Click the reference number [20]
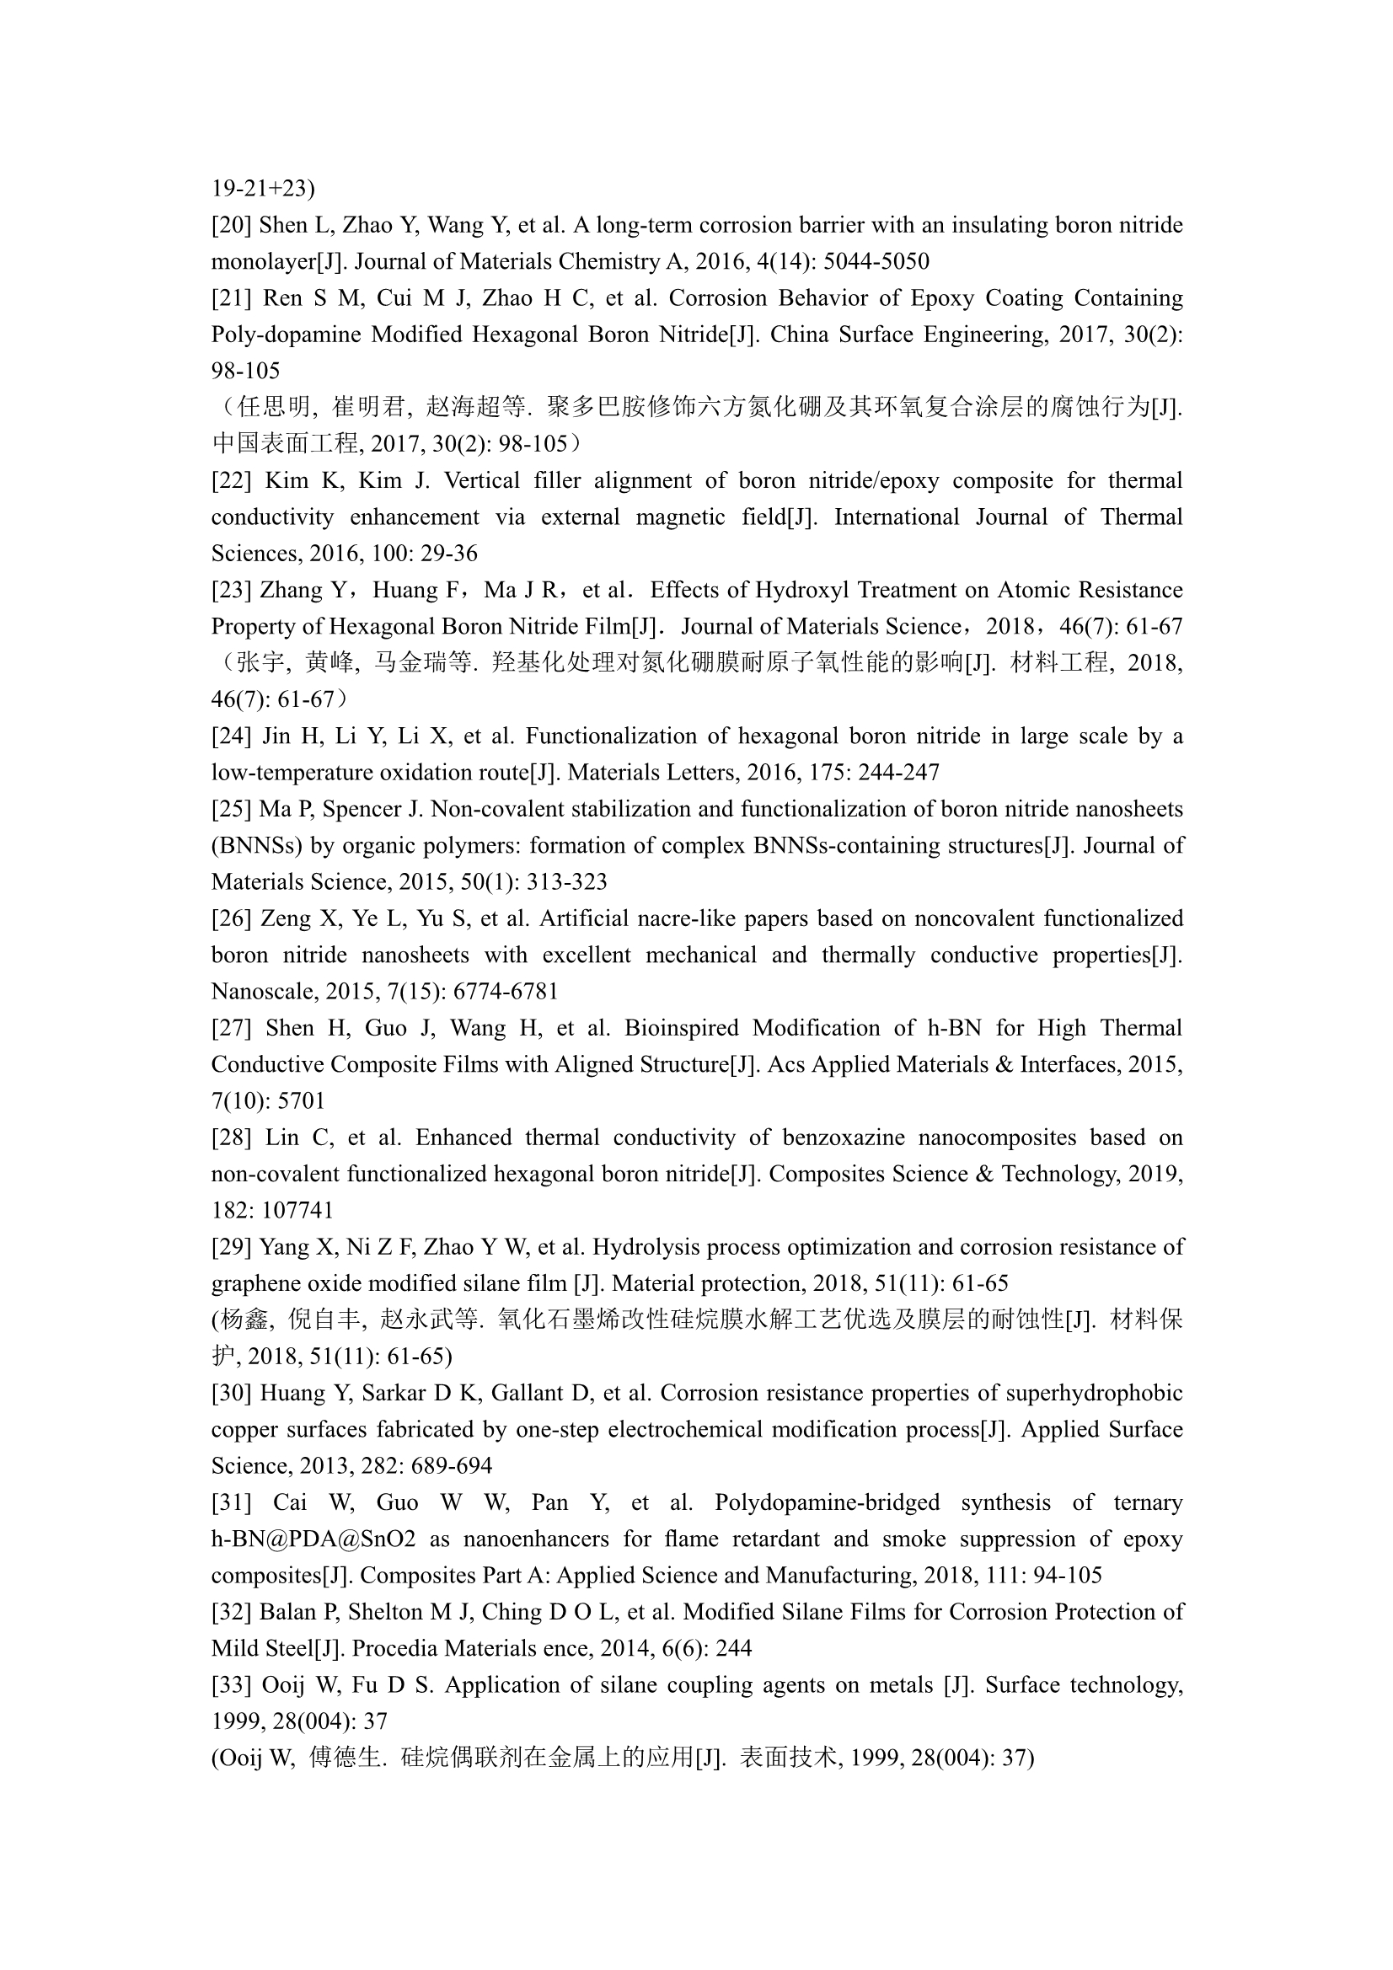232,225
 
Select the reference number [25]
232,809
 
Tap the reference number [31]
232,1502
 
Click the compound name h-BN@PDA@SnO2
313,1539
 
